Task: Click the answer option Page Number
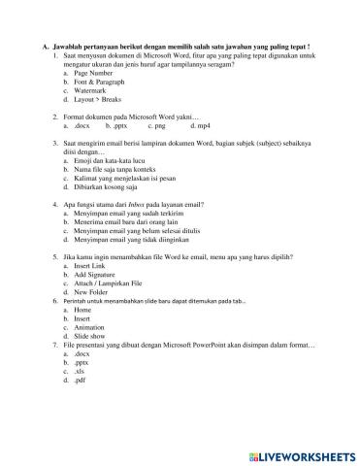[x=92, y=74]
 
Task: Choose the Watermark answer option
[x=90, y=91]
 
